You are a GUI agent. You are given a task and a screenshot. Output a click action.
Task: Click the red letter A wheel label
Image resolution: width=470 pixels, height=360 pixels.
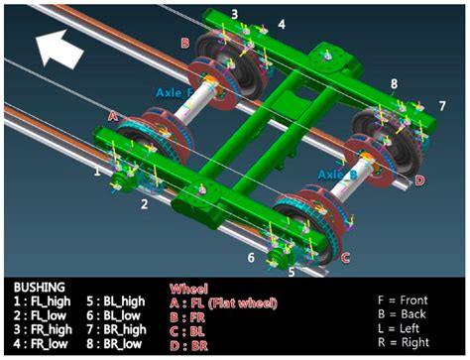[x=113, y=116]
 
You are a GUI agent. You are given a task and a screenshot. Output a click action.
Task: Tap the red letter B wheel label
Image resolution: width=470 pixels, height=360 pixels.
[x=184, y=44]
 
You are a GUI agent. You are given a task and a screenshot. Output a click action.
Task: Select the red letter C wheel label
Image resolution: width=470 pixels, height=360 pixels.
[x=345, y=257]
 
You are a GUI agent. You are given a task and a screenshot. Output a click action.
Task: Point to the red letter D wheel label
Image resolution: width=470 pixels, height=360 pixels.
[x=419, y=180]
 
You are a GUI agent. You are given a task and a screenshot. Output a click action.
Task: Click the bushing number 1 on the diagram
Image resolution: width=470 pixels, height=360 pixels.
[x=96, y=171]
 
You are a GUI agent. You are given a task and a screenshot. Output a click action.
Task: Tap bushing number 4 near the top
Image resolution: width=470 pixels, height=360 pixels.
[x=282, y=23]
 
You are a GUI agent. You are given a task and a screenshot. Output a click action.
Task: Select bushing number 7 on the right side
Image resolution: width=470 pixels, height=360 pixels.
[x=442, y=104]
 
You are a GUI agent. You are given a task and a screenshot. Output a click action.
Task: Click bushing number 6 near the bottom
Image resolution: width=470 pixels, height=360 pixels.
[x=251, y=257]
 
